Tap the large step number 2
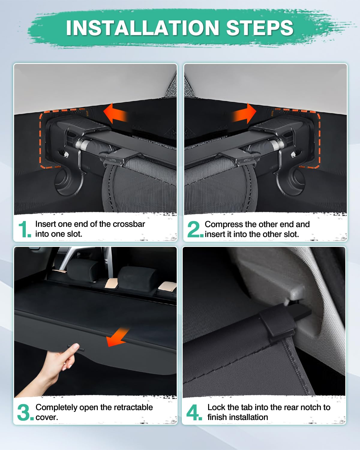(x=194, y=229)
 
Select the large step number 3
(x=24, y=412)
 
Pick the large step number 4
(x=194, y=412)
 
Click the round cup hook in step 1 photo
(x=64, y=181)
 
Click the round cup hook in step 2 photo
(x=295, y=181)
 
